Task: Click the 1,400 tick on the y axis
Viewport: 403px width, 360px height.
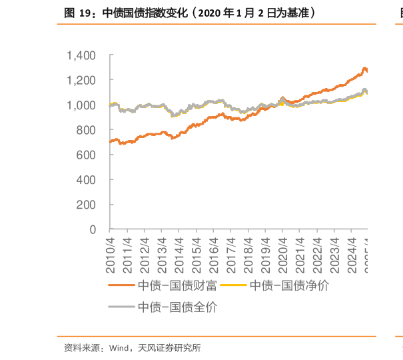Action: [x=81, y=55]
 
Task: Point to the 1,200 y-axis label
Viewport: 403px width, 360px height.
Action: [x=81, y=80]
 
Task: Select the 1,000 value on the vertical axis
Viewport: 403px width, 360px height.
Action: [x=81, y=105]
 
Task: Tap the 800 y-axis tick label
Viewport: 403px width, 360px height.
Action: [x=87, y=130]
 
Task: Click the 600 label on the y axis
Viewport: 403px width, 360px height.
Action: [x=87, y=155]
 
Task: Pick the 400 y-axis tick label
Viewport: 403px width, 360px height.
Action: [x=87, y=180]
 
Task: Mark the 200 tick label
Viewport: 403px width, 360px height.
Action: [x=87, y=205]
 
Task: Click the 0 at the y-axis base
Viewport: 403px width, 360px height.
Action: [x=93, y=230]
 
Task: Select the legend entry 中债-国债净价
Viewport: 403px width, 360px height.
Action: [x=288, y=286]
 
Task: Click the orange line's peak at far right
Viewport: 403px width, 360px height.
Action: [x=364, y=68]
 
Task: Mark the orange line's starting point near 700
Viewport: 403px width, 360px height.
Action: [x=110, y=143]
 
